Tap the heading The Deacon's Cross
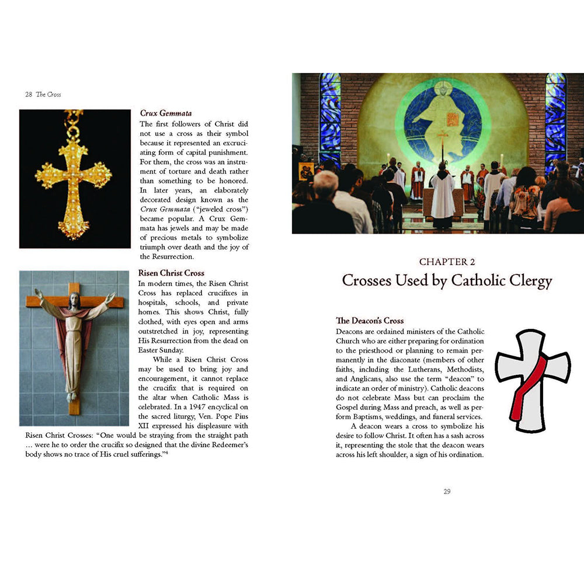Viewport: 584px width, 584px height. tap(370, 321)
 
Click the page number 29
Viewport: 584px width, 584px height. tap(447, 491)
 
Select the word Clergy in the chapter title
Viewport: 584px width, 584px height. tap(525, 281)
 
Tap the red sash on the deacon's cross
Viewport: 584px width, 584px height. tap(526, 388)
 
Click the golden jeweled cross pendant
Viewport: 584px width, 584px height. tap(74, 175)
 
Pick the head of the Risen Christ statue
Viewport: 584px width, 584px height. tap(74, 301)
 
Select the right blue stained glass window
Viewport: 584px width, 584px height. tap(555, 120)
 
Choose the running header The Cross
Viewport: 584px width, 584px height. tap(48, 94)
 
